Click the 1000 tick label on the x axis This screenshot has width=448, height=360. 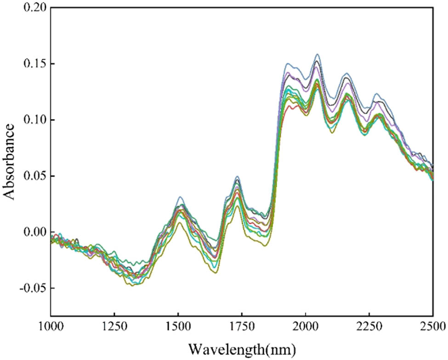click(51, 327)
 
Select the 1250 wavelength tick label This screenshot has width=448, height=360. click(114, 327)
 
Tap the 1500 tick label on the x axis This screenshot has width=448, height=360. click(178, 327)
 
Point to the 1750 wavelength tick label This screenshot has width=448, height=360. click(242, 327)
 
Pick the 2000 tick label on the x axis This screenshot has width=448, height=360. click(306, 327)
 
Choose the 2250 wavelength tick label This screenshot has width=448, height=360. click(369, 327)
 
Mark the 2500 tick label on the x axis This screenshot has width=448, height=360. click(433, 327)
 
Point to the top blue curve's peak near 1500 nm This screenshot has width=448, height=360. click(181, 197)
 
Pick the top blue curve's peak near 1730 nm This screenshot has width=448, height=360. click(237, 176)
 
